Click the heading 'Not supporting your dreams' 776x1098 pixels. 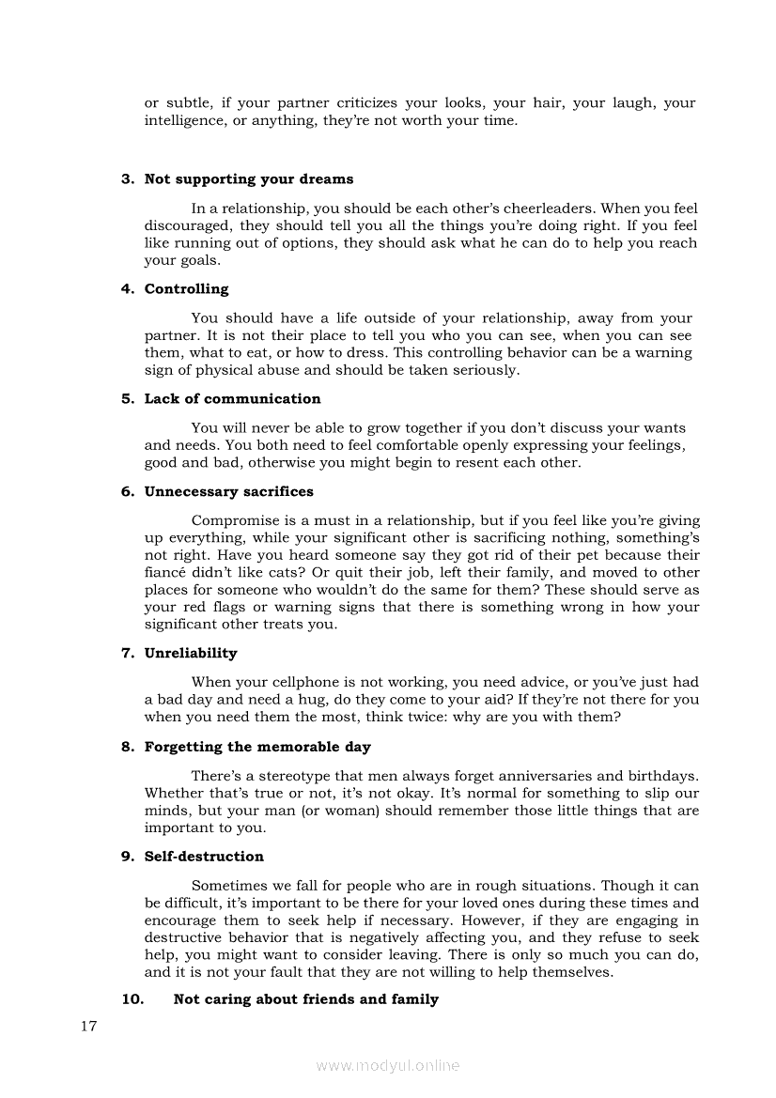click(x=249, y=179)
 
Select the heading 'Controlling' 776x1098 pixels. click(x=186, y=289)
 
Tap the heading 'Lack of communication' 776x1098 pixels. click(x=232, y=399)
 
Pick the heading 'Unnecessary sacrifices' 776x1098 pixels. click(x=228, y=492)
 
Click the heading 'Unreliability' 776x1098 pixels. click(x=191, y=654)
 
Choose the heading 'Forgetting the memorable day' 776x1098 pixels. click(x=257, y=748)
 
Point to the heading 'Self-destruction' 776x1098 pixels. click(x=204, y=857)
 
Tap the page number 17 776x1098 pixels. click(x=89, y=1026)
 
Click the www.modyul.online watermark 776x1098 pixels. click(x=388, y=1065)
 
